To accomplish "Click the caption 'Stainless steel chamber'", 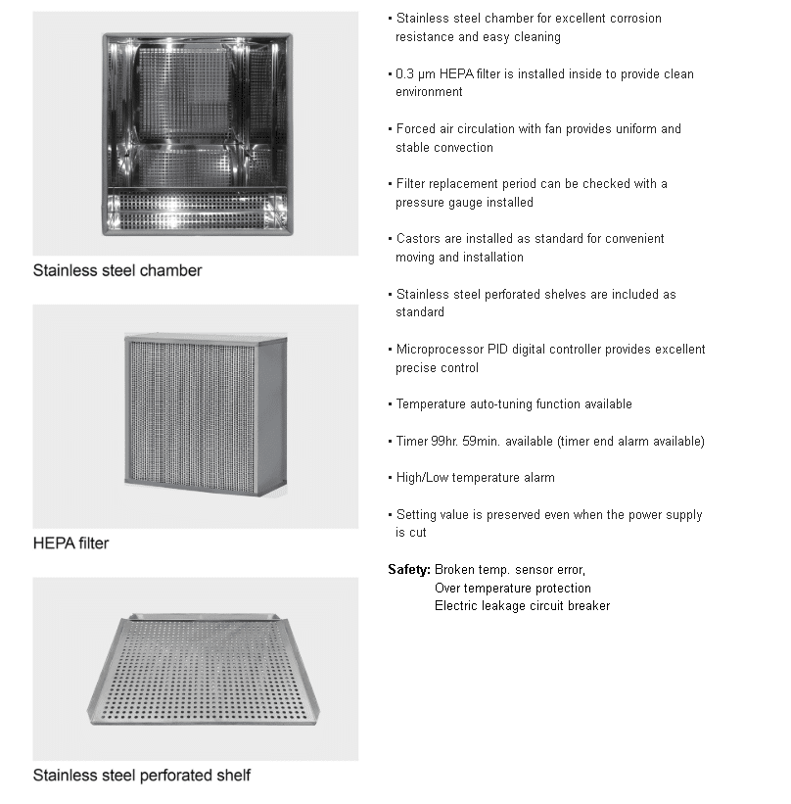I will (x=117, y=270).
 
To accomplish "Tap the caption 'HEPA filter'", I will (x=70, y=543).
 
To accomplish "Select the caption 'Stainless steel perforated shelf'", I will (x=142, y=776).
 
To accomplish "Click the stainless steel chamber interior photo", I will (x=197, y=134).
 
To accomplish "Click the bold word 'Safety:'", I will (x=409, y=570).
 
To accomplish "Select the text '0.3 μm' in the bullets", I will (x=415, y=73).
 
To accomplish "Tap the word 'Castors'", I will (x=419, y=239).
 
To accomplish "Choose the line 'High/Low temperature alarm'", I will (x=475, y=478).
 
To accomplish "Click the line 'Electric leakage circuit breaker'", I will (x=522, y=606).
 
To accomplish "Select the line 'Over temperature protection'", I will (x=512, y=589).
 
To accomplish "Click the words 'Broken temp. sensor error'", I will (x=508, y=570).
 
